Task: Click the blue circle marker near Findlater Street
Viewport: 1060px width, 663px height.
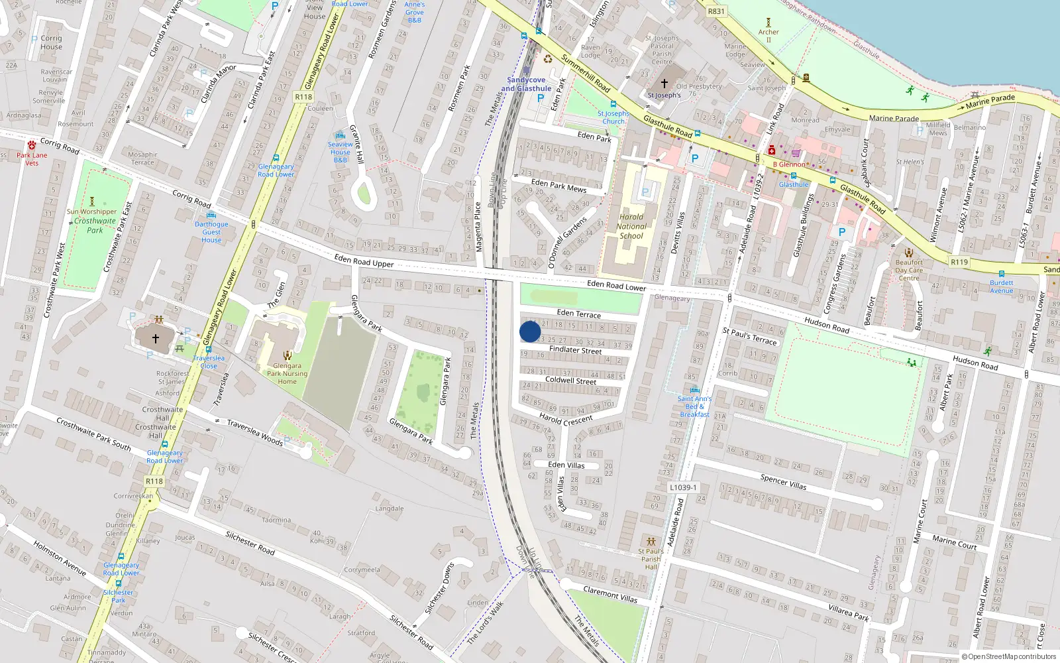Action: click(530, 331)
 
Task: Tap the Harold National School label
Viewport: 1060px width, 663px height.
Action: click(631, 226)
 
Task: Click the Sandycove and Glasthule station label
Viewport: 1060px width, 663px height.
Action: click(526, 84)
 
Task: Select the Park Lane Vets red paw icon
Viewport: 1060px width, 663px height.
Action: click(32, 145)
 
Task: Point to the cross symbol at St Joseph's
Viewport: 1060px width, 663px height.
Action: click(664, 84)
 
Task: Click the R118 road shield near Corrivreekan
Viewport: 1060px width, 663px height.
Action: click(154, 481)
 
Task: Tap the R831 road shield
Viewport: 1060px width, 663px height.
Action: click(716, 11)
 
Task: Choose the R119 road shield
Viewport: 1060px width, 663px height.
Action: click(959, 262)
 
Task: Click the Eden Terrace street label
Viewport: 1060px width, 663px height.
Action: click(579, 314)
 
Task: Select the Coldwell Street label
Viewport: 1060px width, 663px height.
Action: click(570, 381)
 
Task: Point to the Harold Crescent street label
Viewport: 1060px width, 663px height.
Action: click(566, 419)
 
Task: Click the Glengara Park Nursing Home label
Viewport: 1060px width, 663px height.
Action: click(287, 373)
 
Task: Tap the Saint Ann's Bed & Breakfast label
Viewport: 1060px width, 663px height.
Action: click(694, 406)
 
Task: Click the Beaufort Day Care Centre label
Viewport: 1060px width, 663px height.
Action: click(909, 270)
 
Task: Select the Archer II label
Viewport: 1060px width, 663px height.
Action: click(768, 35)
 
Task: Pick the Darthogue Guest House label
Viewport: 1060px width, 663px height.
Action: click(211, 232)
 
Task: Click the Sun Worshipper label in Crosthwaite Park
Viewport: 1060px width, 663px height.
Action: click(91, 212)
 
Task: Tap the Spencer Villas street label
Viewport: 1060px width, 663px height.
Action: click(783, 482)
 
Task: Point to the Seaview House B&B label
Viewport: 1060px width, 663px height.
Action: click(341, 152)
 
